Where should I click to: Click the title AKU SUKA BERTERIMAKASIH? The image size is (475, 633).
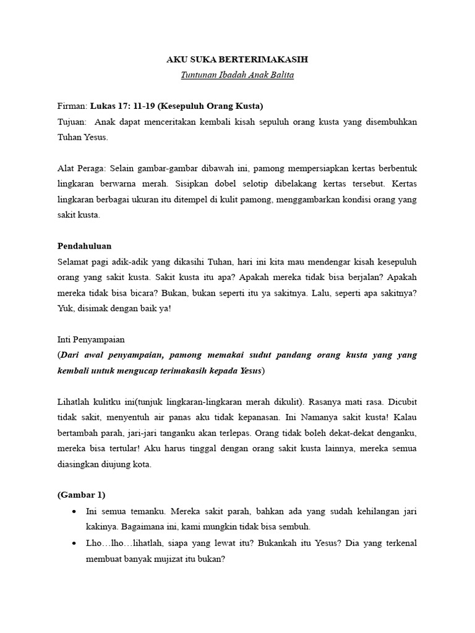click(237, 60)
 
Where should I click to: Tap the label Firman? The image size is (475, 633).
click(73, 106)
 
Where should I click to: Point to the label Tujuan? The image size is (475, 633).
click(72, 122)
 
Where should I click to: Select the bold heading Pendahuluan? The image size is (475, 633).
click(84, 245)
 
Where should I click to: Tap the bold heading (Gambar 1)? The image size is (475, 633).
click(81, 494)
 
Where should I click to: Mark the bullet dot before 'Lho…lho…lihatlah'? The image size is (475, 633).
click(74, 543)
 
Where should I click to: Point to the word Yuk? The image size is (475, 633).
click(65, 307)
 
